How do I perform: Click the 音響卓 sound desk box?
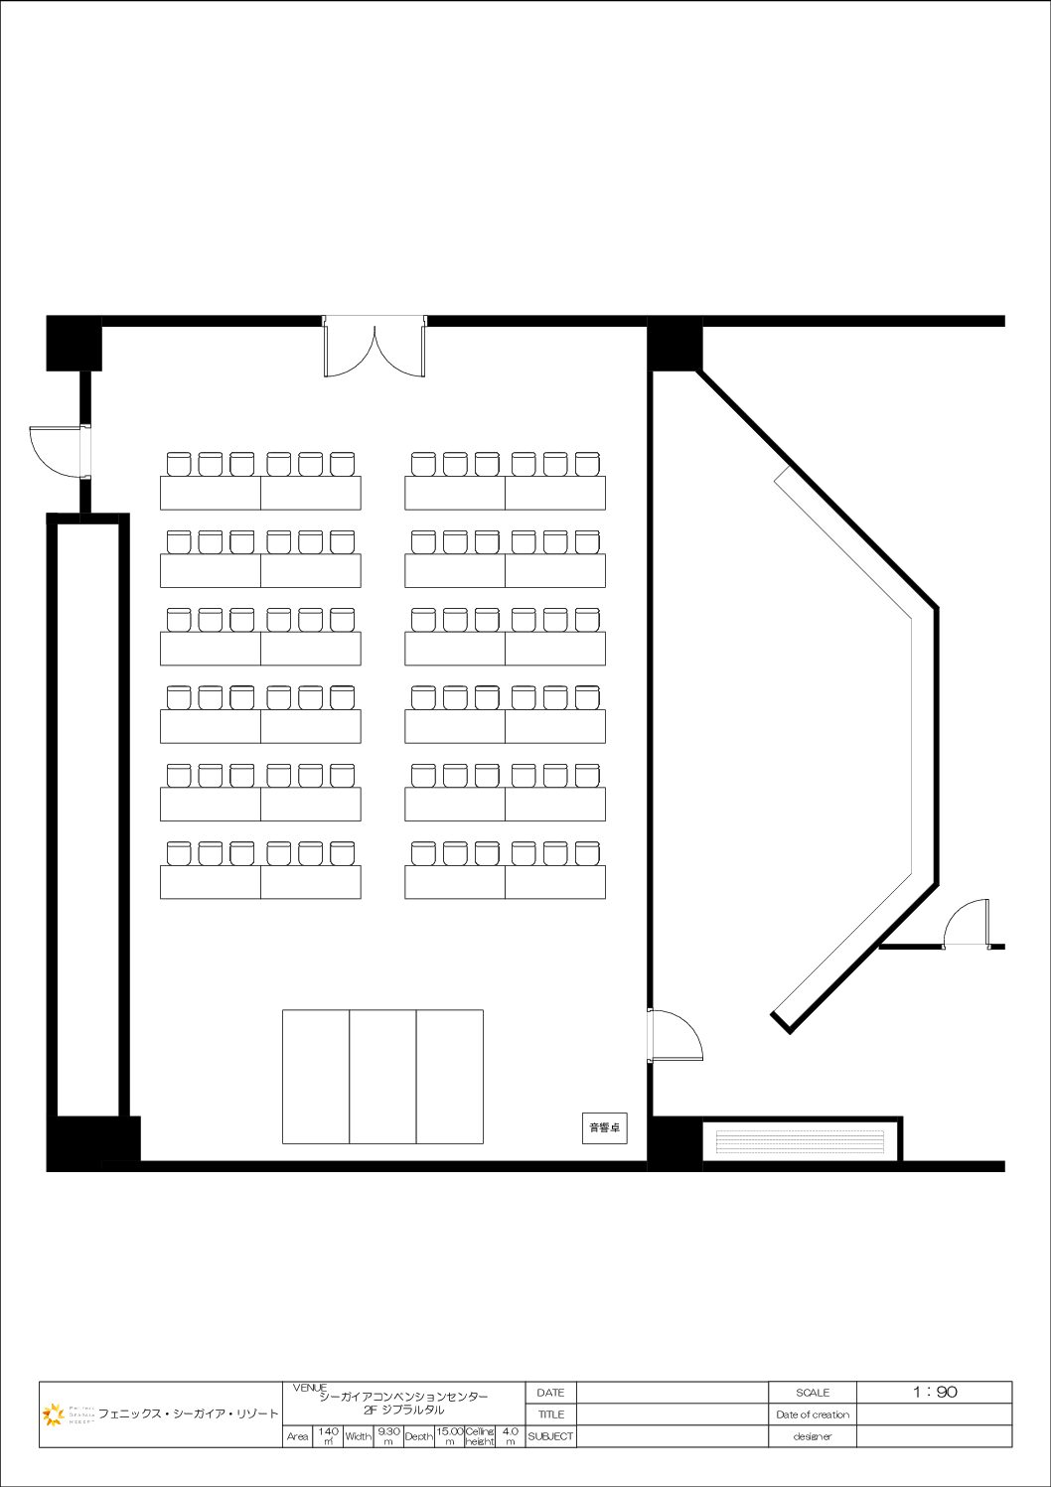604,1127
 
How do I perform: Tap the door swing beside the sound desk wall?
675,1036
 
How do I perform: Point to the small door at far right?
967,924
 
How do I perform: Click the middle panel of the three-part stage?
382,1077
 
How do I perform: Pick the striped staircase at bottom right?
800,1141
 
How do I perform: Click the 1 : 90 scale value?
934,1393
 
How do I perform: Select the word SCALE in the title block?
812,1393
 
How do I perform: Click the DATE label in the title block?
550,1393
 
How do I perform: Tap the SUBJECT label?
550,1436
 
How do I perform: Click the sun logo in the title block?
53,1413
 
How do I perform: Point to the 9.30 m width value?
388,1436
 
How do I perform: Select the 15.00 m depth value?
449,1436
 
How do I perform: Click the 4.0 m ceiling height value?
510,1436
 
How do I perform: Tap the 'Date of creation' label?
812,1414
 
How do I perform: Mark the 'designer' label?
812,1436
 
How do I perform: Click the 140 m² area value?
328,1436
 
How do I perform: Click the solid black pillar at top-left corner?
74,343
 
